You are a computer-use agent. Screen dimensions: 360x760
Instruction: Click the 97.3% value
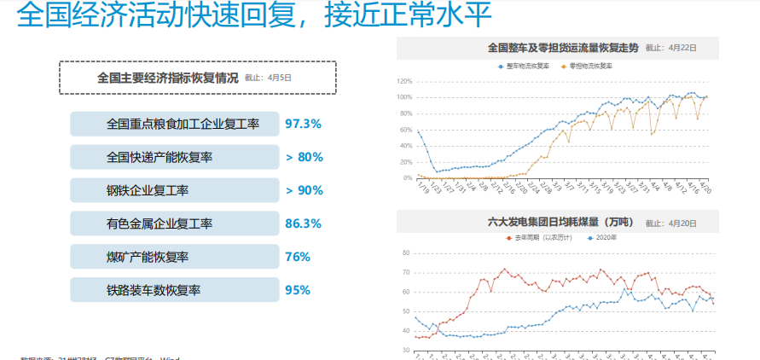(303, 124)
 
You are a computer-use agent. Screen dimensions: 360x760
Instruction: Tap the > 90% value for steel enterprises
(305, 190)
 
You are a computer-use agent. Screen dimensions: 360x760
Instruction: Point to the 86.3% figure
(303, 224)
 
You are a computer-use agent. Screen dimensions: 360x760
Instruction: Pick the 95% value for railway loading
(298, 290)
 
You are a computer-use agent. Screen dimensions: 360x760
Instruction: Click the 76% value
(298, 257)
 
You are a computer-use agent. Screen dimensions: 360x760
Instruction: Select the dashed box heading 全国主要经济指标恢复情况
(197, 77)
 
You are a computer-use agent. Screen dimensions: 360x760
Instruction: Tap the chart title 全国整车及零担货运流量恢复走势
(562, 48)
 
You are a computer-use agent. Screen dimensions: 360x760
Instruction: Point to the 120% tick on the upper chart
(403, 81)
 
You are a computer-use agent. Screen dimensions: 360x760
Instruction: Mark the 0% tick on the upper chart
(407, 177)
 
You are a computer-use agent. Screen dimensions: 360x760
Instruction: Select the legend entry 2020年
(605, 238)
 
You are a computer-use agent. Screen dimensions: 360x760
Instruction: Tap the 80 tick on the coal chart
(406, 253)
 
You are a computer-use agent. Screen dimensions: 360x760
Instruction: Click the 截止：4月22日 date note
(666, 49)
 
